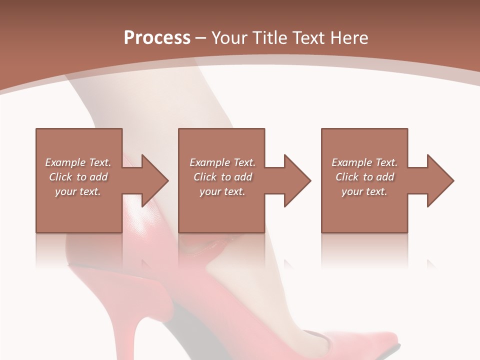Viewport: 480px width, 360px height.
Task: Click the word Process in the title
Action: [157, 38]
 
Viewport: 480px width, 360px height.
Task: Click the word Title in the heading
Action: [269, 38]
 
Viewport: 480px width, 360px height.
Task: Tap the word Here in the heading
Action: [348, 38]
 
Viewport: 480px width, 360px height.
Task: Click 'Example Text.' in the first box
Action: [78, 162]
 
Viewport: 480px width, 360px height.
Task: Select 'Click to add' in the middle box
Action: [222, 177]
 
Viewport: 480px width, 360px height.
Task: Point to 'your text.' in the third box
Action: [364, 191]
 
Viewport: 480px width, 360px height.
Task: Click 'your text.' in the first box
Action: [78, 191]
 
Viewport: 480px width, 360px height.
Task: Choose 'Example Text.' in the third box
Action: [364, 162]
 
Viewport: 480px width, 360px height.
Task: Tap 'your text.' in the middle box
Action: [222, 191]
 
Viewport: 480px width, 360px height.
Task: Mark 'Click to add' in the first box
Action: [78, 177]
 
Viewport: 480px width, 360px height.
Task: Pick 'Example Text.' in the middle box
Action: [222, 162]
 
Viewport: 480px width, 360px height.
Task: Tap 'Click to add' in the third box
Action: [364, 177]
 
